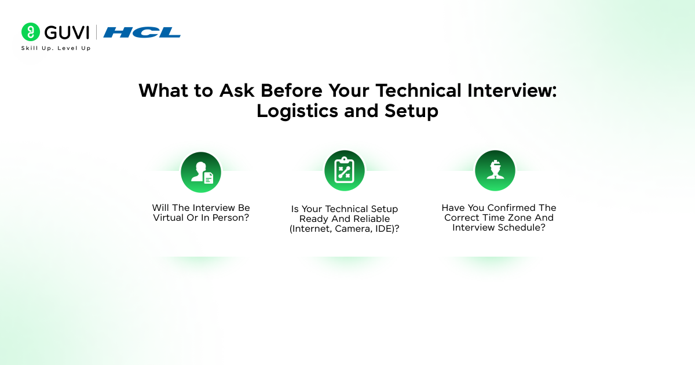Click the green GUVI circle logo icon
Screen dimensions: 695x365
tap(30, 32)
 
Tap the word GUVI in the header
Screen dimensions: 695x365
tap(67, 32)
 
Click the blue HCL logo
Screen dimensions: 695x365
tap(142, 32)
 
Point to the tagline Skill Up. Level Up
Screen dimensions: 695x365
tap(56, 48)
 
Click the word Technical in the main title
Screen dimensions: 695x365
tap(419, 90)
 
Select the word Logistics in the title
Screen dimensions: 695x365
tap(297, 111)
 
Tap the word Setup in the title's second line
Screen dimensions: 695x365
tap(411, 111)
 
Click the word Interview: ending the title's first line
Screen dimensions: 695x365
tap(512, 90)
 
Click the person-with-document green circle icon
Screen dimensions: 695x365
tap(201, 172)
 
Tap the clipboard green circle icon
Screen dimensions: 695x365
tap(345, 170)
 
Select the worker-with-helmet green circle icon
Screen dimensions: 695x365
tap(495, 170)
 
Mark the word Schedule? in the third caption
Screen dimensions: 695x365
tap(522, 228)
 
